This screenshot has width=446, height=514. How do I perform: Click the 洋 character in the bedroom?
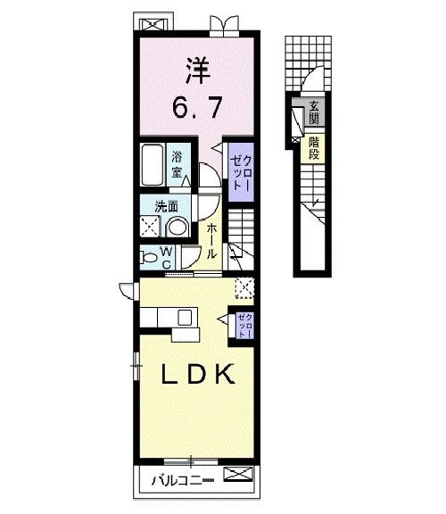point(197,69)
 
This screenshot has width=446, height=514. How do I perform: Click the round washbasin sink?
point(176,228)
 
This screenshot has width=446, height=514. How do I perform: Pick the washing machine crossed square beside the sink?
point(148,226)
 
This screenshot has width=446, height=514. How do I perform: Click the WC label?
point(167,257)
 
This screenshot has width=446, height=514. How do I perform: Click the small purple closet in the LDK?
point(244,325)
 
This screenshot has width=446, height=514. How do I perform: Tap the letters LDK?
point(197,374)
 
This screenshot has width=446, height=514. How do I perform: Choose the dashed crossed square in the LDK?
point(244,286)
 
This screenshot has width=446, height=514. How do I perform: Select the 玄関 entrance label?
point(314,112)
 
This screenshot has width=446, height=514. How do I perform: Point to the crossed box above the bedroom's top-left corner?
point(146,21)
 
